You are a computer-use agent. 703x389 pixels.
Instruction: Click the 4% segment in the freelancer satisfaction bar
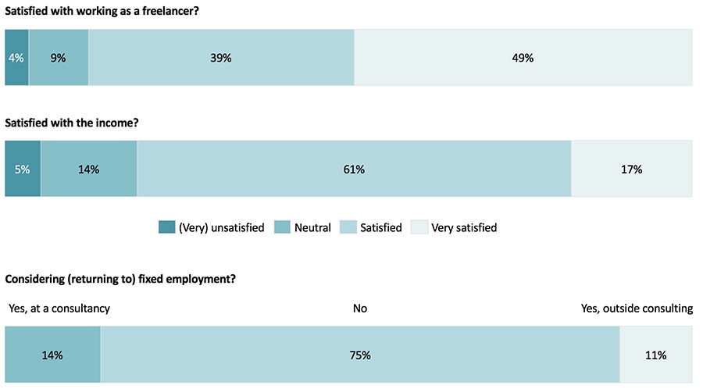16,58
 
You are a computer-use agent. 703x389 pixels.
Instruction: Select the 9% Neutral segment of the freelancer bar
59,58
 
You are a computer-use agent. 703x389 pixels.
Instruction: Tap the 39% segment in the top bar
221,58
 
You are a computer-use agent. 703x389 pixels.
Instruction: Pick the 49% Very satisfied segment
523,58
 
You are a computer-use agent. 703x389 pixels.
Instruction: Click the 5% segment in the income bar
23,169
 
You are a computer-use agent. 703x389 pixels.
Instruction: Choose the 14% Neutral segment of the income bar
89,169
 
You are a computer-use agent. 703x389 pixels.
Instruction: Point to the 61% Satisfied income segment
354,169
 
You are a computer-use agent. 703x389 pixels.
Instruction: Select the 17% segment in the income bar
632,169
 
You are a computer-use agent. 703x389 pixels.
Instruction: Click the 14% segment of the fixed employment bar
53,355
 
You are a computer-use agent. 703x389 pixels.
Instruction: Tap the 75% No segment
360,355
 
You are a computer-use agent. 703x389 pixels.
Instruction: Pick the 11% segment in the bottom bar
656,355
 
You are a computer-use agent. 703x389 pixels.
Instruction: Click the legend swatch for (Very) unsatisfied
167,227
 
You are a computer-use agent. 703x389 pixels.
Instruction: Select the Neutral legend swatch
283,227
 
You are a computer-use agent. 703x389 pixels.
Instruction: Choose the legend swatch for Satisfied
348,227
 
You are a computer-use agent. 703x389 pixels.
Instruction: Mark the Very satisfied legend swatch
419,227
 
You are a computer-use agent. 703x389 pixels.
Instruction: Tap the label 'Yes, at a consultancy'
59,309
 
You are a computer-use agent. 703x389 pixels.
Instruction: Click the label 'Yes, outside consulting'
637,309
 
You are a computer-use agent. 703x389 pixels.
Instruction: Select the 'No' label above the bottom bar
360,309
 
